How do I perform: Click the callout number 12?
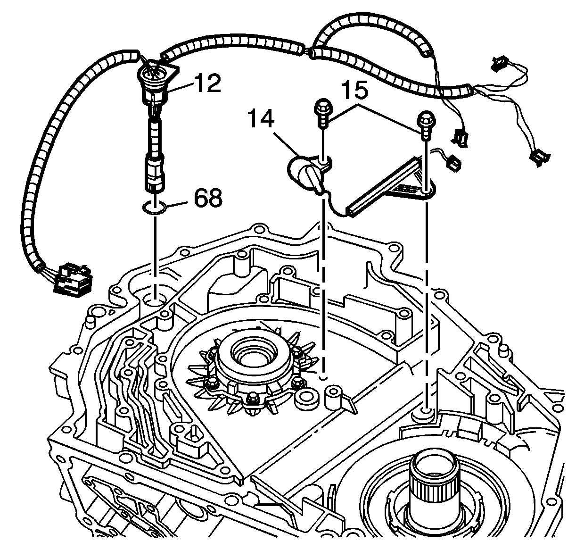pyautogui.click(x=206, y=83)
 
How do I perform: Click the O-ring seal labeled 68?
pyautogui.click(x=154, y=207)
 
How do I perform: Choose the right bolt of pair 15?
pyautogui.click(x=425, y=124)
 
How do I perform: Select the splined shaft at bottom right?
pyautogui.click(x=430, y=486)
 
